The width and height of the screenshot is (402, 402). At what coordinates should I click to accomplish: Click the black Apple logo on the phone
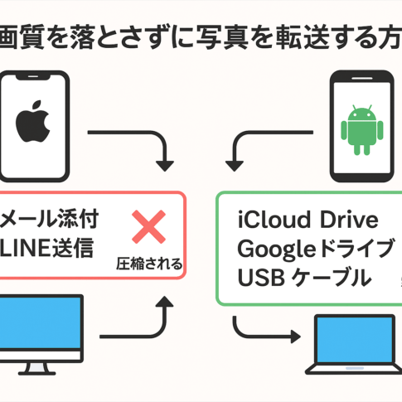[x=33, y=121]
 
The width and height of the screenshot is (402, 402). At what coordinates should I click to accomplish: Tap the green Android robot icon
[x=362, y=130]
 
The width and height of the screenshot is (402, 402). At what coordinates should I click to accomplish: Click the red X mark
[x=148, y=227]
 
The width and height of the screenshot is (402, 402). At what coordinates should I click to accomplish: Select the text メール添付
[x=49, y=219]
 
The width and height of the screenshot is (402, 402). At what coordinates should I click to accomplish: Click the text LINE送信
[x=46, y=248]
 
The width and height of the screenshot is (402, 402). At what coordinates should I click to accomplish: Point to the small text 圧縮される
[x=149, y=264]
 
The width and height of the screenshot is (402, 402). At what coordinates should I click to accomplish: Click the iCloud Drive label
[x=308, y=220]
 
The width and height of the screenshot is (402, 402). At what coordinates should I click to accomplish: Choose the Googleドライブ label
[x=316, y=249]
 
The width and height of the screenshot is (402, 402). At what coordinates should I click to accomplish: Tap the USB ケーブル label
[x=304, y=277]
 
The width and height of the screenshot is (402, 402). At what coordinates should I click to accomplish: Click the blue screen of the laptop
[x=355, y=340]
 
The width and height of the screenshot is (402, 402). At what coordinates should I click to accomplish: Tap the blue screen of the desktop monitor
[x=41, y=322]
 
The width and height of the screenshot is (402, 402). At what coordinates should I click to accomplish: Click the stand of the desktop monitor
[x=37, y=368]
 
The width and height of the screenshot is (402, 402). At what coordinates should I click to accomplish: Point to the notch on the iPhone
[x=33, y=77]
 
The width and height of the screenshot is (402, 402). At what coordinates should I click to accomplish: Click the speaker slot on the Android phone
[x=362, y=79]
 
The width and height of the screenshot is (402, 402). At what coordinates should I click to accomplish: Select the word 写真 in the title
[x=222, y=37]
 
